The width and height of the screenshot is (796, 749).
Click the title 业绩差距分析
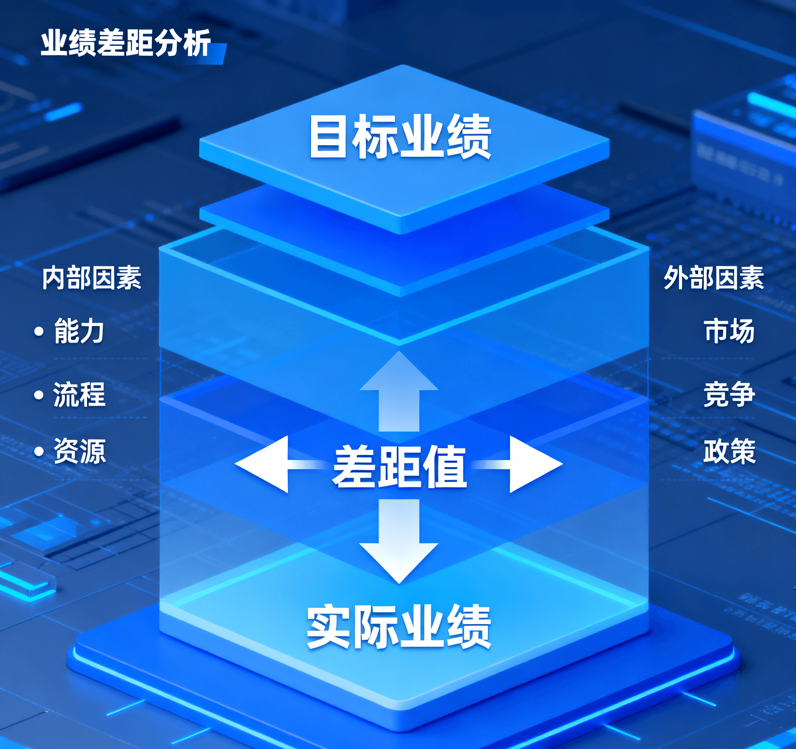coord(125,43)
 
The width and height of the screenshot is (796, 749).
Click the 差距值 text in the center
coord(399,466)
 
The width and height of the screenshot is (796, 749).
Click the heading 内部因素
coord(92,278)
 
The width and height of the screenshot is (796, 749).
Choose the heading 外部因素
coord(714,278)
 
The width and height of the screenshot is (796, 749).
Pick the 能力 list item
coord(79,331)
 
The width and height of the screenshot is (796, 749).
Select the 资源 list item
coord(79,451)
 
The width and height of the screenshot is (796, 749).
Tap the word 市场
coord(729,331)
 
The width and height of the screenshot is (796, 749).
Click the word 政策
coord(729,451)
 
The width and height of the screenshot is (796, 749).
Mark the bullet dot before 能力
coord(39,332)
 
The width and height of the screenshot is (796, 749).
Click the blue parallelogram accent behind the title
coord(218,54)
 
